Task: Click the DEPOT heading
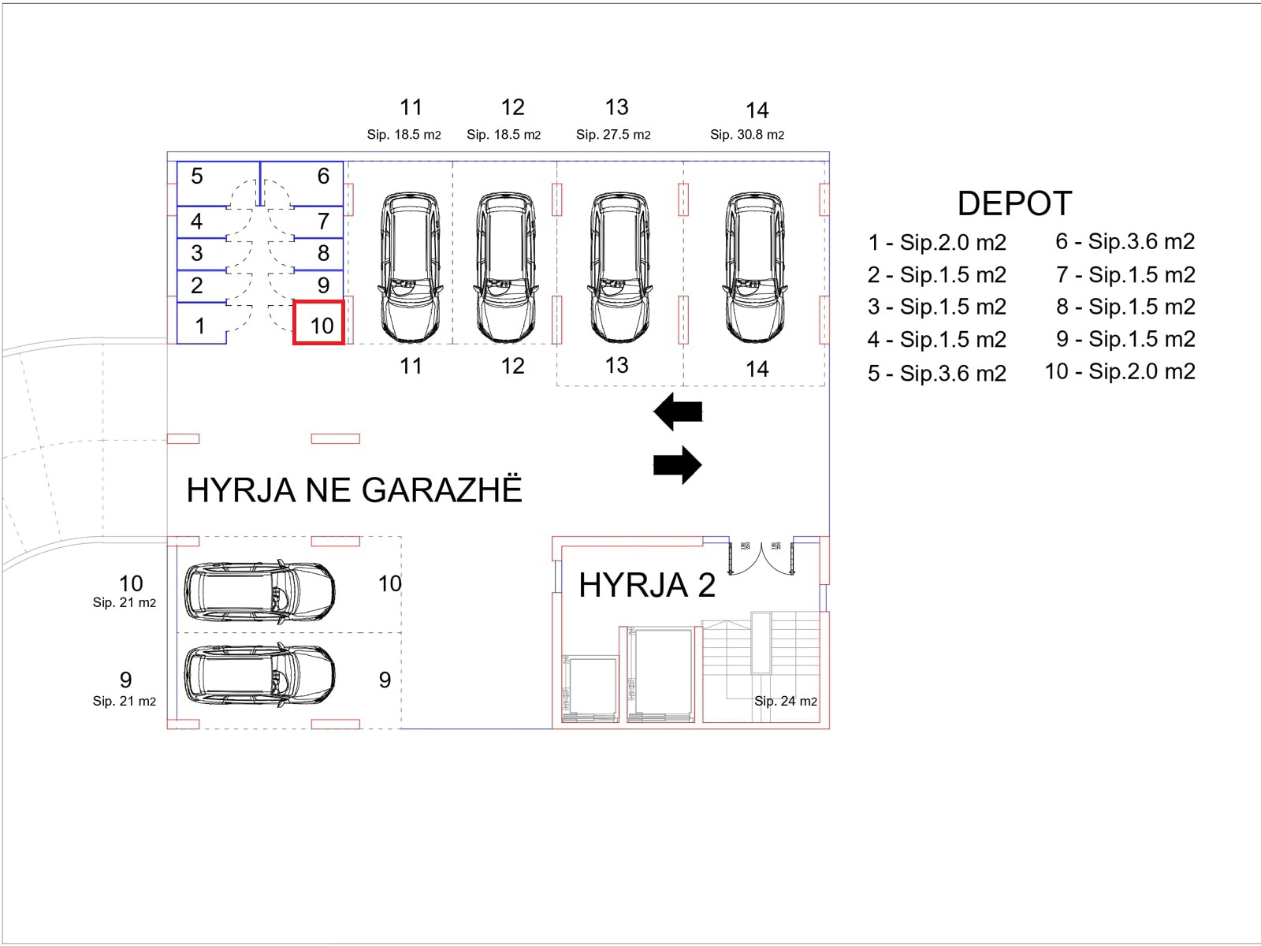click(x=1014, y=203)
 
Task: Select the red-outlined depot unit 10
click(x=319, y=323)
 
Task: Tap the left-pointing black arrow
click(x=678, y=412)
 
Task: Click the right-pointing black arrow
click(x=678, y=465)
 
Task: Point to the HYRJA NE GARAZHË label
click(x=354, y=490)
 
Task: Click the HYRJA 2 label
click(x=646, y=586)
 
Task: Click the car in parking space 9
click(x=259, y=676)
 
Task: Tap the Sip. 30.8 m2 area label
click(x=746, y=135)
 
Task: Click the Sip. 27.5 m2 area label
click(x=613, y=135)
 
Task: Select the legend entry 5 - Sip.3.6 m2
click(x=936, y=373)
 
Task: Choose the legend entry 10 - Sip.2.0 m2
click(x=1120, y=371)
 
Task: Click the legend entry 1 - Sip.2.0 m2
click(x=936, y=242)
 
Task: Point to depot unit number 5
click(x=197, y=177)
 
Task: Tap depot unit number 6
click(x=323, y=177)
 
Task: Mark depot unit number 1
click(x=200, y=326)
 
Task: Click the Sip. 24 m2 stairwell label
click(x=785, y=701)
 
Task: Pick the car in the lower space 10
click(x=259, y=590)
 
